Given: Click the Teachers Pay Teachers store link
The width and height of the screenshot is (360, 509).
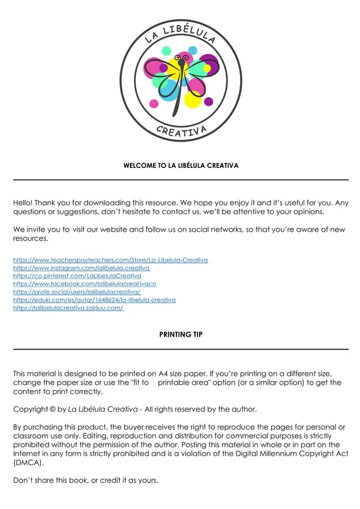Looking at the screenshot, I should coord(110,260).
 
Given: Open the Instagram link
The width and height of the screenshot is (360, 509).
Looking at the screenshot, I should coord(81,268).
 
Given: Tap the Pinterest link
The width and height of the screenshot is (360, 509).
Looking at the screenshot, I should coord(81,276).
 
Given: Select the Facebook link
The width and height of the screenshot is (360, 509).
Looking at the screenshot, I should coord(85,283).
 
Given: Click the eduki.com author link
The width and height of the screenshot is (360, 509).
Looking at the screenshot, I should coord(94,300).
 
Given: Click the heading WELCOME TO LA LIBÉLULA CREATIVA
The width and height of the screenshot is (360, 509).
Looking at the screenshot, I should coord(181,165).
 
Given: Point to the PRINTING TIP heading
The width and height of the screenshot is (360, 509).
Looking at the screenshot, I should coord(181,334).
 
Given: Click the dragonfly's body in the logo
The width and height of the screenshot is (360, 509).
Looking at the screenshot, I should coord(178,96).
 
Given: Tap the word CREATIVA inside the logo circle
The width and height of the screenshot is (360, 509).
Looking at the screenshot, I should coord(181,131).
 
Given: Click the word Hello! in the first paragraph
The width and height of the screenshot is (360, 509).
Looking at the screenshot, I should coord(23,203).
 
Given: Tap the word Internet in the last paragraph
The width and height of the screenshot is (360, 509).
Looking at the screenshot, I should coord(26,453).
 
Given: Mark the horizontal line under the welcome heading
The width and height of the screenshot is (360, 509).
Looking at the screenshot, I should coord(181,179).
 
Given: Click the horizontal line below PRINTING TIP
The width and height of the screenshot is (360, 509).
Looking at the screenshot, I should coord(181,349).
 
